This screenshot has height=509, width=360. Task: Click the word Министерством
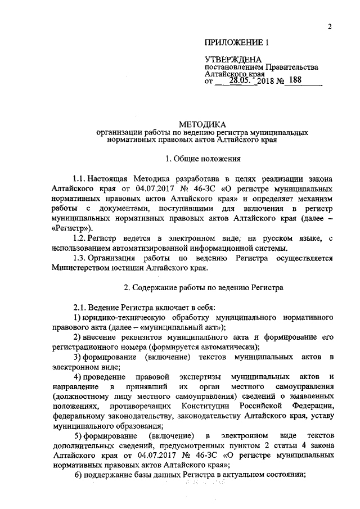tap(78, 268)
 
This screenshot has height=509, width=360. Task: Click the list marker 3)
tap(79, 357)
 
